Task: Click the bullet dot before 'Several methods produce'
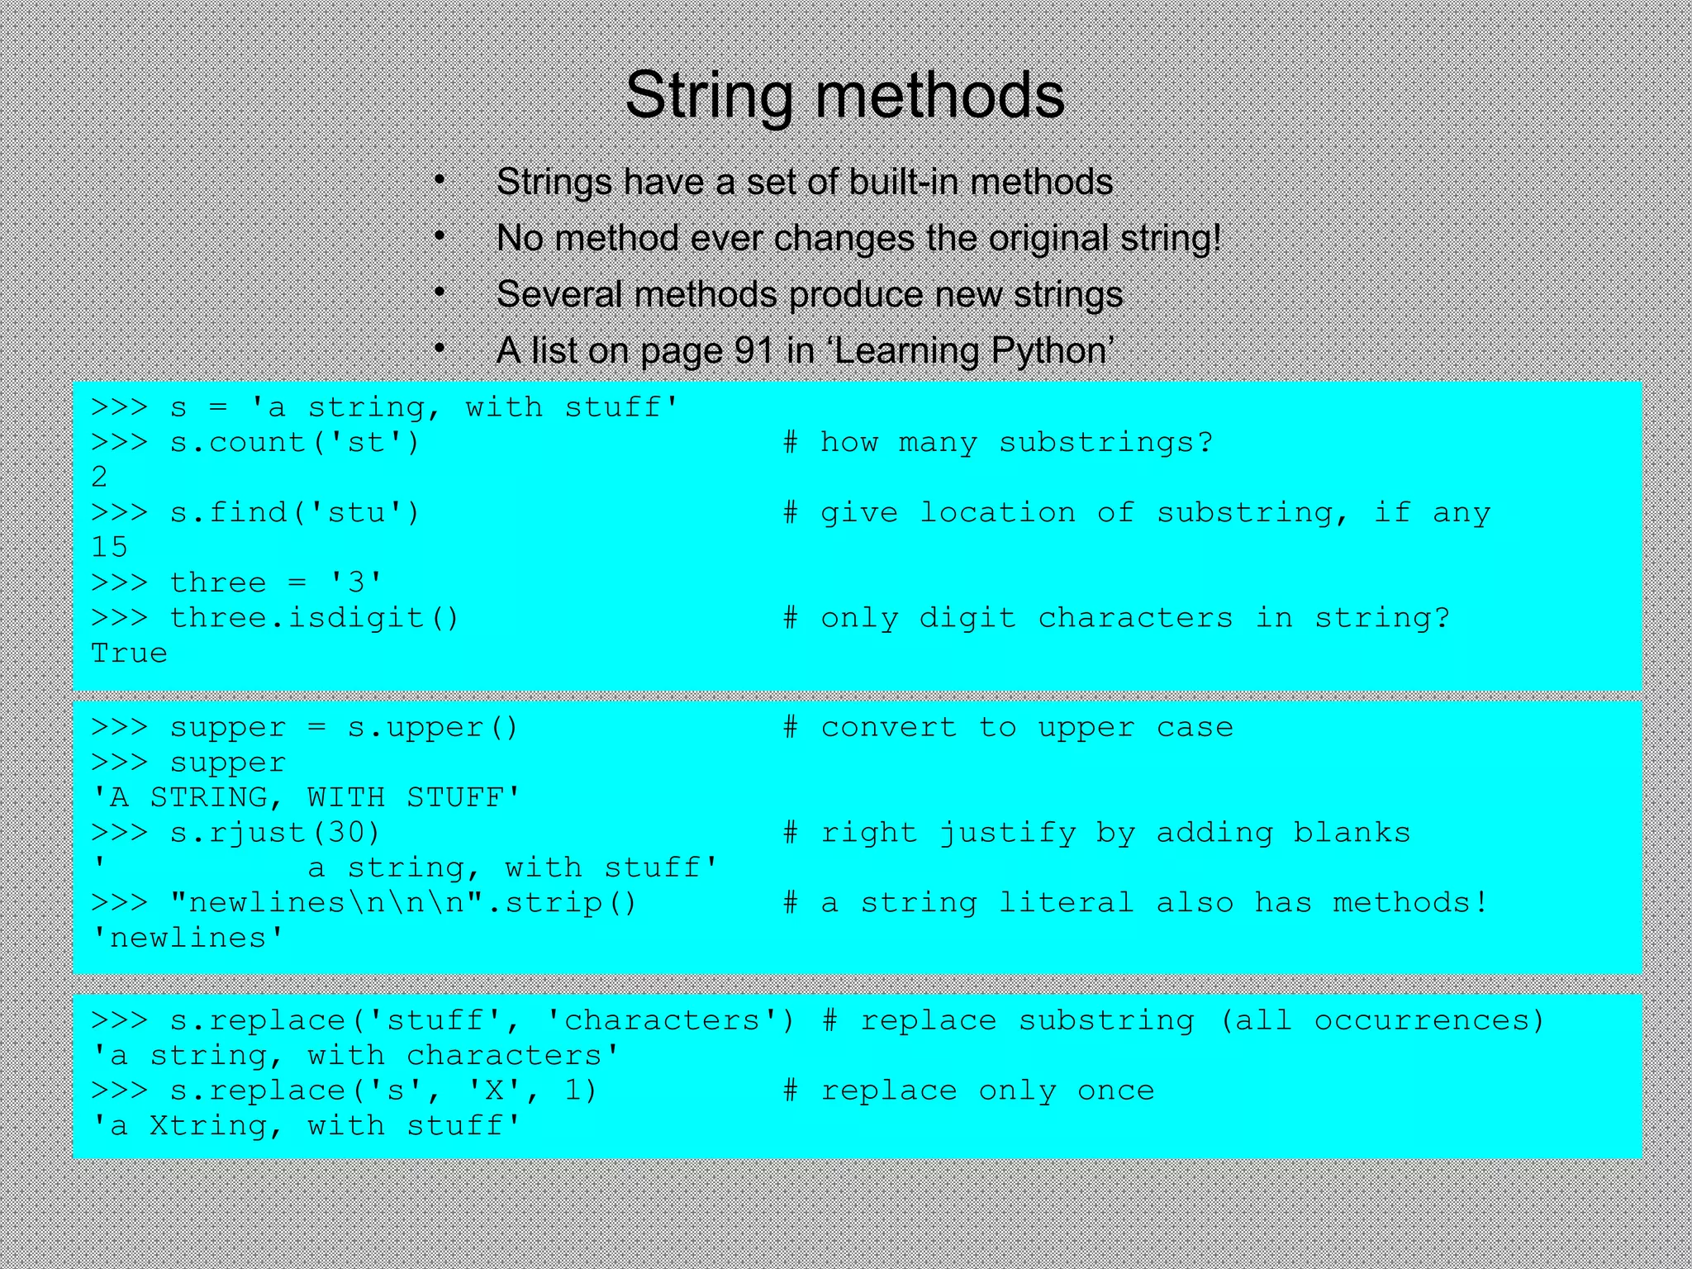pos(440,292)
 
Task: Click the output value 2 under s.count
pos(99,478)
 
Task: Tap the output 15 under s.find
pos(109,548)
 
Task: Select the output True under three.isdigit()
pos(129,654)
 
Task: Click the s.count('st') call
pos(295,443)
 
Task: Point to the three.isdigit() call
pos(314,618)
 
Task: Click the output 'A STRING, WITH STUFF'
pos(306,798)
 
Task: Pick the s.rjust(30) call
pos(275,833)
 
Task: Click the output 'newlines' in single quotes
pos(188,939)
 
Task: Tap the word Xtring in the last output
pos(207,1126)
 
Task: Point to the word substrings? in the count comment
pos(1105,443)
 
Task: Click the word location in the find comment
pos(998,513)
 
